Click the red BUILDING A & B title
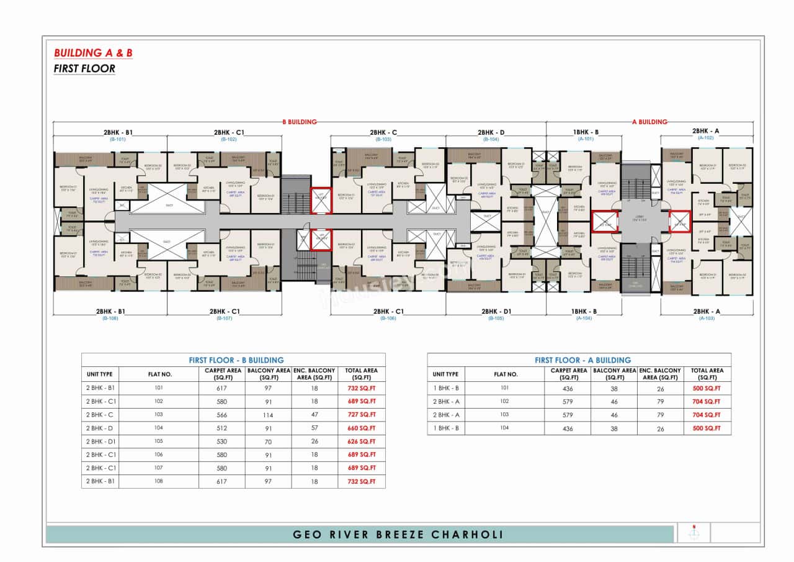pyautogui.click(x=93, y=53)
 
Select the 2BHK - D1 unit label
pyautogui.click(x=495, y=311)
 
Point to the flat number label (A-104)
pyautogui.click(x=586, y=318)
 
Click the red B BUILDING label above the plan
pyautogui.click(x=300, y=122)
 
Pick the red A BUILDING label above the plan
pyautogui.click(x=649, y=122)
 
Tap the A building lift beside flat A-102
pyautogui.click(x=679, y=221)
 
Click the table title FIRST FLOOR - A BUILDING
pyautogui.click(x=582, y=360)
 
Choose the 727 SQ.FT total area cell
pyautogui.click(x=361, y=415)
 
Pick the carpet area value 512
pyautogui.click(x=221, y=428)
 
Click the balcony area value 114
pyautogui.click(x=268, y=415)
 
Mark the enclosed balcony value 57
pyautogui.click(x=314, y=428)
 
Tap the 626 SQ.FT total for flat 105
pyautogui.click(x=361, y=442)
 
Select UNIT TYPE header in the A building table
pyautogui.click(x=445, y=374)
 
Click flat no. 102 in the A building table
pyautogui.click(x=505, y=402)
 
